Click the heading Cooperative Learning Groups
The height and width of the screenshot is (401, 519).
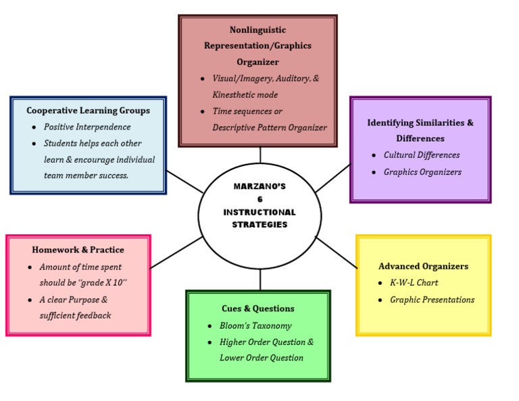click(88, 110)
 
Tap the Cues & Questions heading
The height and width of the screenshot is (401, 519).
click(257, 309)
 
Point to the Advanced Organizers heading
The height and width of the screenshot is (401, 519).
click(423, 266)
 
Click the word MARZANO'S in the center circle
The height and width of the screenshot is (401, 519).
click(259, 186)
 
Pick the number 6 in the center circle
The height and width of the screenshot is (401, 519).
click(259, 199)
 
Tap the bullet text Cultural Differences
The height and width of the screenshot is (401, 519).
click(422, 155)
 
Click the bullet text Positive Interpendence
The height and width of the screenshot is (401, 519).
click(87, 127)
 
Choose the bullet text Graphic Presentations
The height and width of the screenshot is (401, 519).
click(432, 300)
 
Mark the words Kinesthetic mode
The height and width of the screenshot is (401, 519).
click(245, 95)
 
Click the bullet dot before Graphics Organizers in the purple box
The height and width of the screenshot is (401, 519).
click(375, 172)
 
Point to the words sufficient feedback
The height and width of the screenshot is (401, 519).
click(75, 315)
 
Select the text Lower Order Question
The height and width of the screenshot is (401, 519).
click(261, 358)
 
